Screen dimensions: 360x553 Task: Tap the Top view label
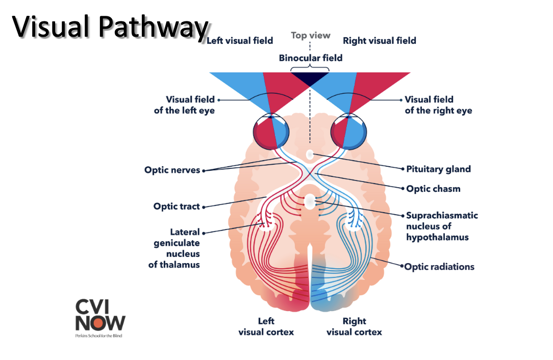click(311, 36)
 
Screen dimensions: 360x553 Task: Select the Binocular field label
click(310, 58)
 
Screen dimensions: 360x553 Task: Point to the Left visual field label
click(240, 41)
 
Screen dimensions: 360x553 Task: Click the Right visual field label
click(380, 41)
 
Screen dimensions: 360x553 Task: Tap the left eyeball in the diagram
click(271, 132)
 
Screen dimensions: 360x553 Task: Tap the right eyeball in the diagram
click(348, 132)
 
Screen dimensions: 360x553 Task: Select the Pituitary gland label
click(438, 169)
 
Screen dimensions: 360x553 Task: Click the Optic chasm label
click(433, 189)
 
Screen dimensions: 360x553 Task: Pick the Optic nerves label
click(172, 170)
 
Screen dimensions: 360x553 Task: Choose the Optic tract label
click(177, 207)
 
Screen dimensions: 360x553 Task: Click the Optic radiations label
click(439, 267)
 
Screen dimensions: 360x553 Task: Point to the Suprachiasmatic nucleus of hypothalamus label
click(442, 226)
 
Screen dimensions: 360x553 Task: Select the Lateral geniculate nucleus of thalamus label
click(175, 248)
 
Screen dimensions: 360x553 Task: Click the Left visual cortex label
click(266, 326)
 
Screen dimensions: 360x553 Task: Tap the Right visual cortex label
click(354, 326)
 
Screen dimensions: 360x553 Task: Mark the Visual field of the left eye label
click(184, 105)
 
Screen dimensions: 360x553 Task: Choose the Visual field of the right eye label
click(438, 105)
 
